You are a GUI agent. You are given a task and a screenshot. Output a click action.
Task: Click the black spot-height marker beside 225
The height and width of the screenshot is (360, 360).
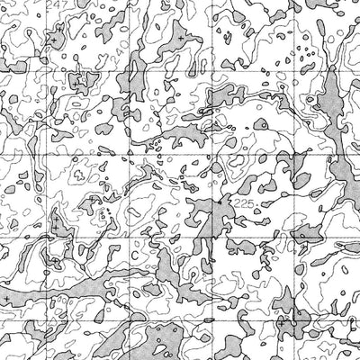[218, 203]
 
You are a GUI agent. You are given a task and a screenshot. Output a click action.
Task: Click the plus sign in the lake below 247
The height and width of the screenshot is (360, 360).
[53, 40]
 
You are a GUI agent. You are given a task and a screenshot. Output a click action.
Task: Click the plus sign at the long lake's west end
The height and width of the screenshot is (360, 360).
[8, 296]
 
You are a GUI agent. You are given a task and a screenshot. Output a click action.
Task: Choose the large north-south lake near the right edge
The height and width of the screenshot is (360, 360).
[335, 108]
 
